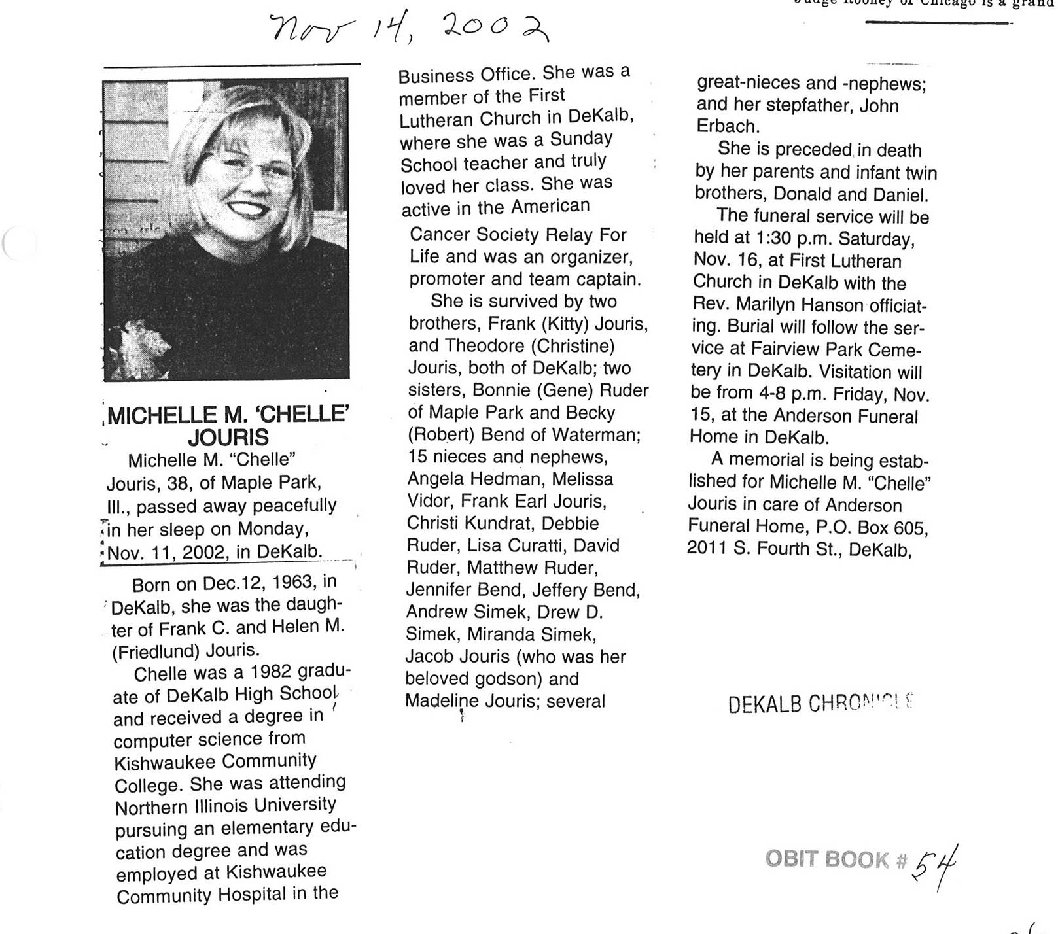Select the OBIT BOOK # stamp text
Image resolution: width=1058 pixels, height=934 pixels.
point(836,859)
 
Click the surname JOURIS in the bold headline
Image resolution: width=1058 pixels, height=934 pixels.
point(228,437)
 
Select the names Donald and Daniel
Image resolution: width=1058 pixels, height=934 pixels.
point(851,194)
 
